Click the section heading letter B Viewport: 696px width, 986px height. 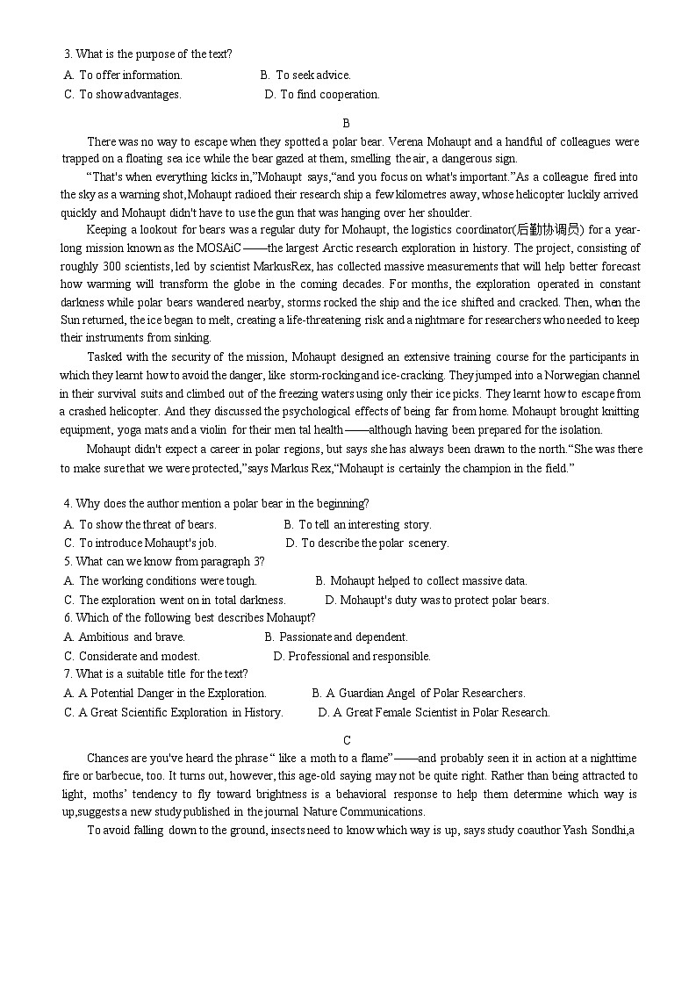[x=347, y=124]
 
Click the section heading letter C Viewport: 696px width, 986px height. [x=347, y=740]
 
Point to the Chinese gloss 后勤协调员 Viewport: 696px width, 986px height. [x=550, y=230]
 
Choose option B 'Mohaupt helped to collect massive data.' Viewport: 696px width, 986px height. [x=421, y=580]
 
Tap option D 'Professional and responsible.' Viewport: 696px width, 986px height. [x=352, y=656]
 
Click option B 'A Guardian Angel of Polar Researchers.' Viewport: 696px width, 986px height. [x=419, y=694]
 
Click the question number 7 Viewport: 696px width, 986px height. [x=68, y=674]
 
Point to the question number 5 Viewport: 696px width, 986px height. [x=68, y=562]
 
